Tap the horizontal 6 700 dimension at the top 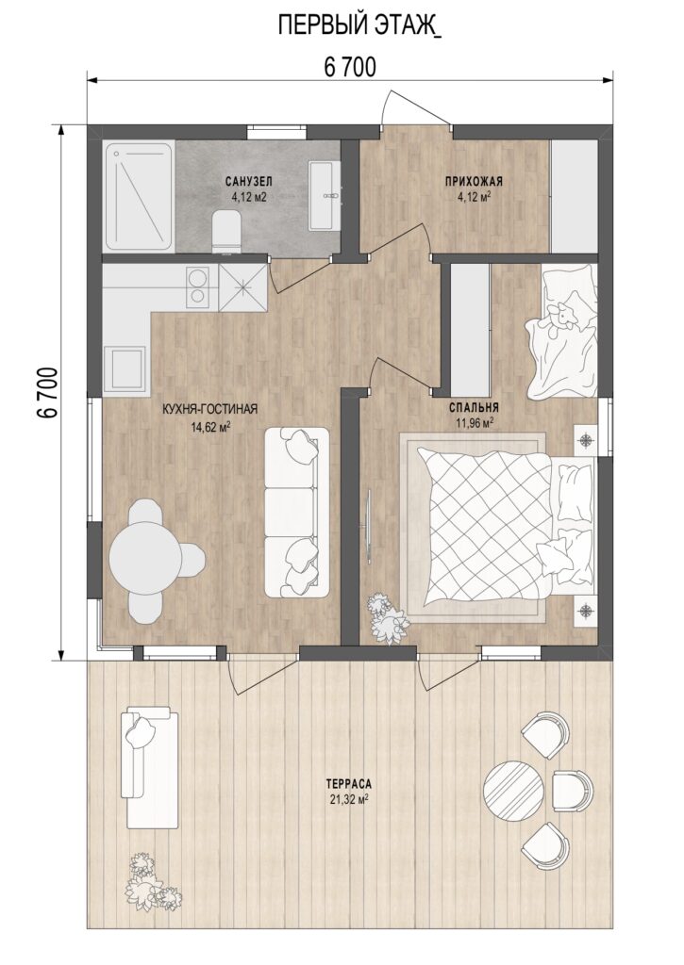point(349,68)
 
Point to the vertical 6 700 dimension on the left point(48,393)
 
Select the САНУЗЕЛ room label point(248,182)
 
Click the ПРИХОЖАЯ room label point(474,182)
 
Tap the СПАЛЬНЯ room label point(474,407)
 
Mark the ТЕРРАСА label point(349,785)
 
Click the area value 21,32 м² point(349,799)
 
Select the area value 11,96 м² point(474,423)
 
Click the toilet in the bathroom point(225,232)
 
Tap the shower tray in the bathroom point(139,196)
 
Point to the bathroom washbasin point(324,196)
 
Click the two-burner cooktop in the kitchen point(198,286)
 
